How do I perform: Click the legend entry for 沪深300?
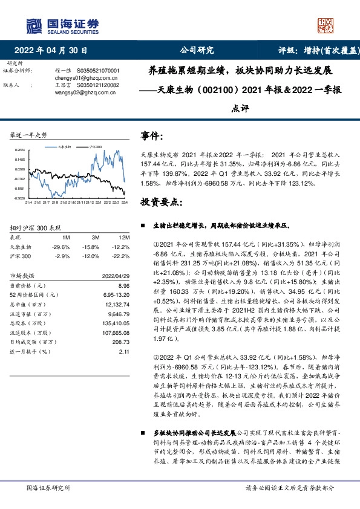tap(94, 146)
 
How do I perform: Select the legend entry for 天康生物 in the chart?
tap(64, 146)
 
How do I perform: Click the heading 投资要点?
tap(162, 201)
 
